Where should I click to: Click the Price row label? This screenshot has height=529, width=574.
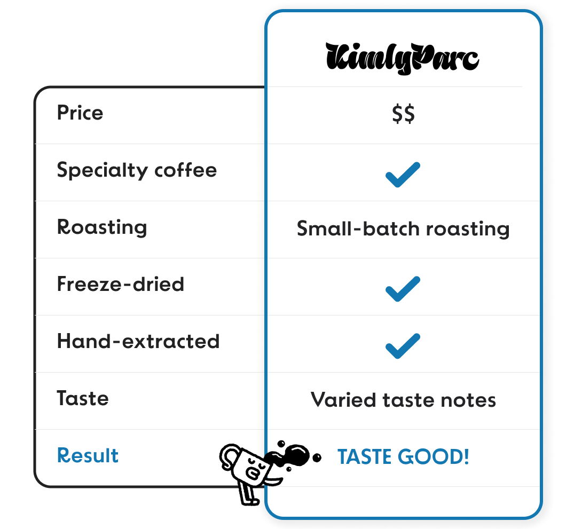tap(80, 113)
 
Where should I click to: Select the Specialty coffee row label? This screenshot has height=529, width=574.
tap(137, 170)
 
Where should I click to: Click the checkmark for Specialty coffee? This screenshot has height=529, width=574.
tap(403, 175)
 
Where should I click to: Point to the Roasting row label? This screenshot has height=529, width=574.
tap(101, 227)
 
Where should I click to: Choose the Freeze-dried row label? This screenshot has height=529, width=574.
tap(120, 284)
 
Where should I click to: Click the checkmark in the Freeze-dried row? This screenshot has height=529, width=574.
tap(403, 289)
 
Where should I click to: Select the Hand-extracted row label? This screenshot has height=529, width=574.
tap(138, 341)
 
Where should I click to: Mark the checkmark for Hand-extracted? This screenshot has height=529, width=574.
tap(403, 346)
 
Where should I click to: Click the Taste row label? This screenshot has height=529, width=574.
tap(83, 398)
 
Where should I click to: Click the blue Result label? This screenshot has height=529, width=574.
tap(88, 456)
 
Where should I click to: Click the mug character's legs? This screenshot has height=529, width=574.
tap(247, 494)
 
